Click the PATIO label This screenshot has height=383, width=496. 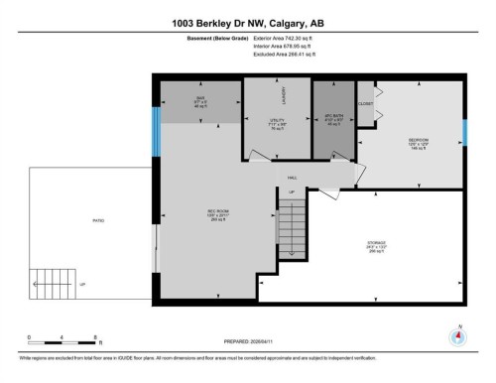tap(98, 219)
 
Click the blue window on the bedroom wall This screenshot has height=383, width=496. tap(465, 131)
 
